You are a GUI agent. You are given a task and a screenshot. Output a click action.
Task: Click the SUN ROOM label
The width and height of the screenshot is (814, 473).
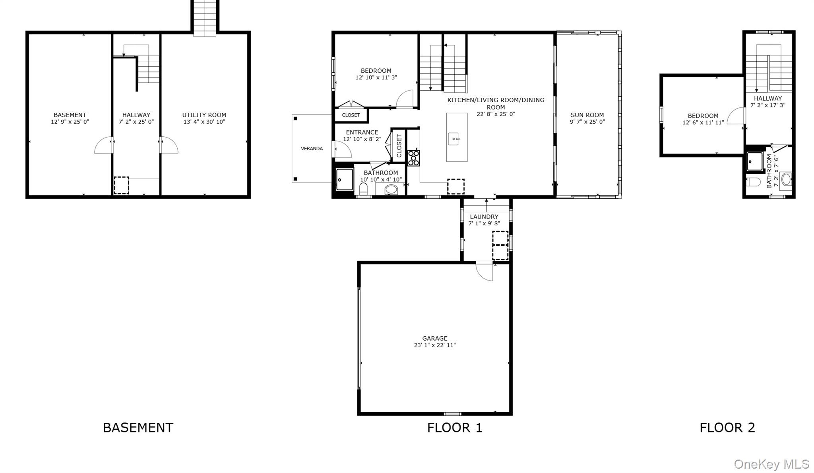(587, 115)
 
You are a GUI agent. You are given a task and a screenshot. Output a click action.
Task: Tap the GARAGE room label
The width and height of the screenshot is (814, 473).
(435, 338)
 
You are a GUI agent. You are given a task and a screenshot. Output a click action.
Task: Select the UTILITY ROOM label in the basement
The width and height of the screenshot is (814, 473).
(204, 115)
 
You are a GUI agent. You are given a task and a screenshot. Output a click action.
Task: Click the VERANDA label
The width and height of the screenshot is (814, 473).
(312, 149)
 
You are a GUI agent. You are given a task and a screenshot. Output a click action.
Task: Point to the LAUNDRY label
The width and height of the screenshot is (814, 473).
(484, 217)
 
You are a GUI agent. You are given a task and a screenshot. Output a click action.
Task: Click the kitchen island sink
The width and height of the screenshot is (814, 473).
(454, 139)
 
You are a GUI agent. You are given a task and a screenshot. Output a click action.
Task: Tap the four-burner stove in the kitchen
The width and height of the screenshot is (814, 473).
(413, 158)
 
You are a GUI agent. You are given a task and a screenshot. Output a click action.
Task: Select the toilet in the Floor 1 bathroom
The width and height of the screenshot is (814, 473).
(363, 189)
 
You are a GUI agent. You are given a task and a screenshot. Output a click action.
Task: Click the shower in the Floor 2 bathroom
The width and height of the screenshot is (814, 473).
(754, 161)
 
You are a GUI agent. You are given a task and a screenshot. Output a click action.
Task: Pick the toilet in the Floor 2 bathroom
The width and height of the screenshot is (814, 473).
(753, 182)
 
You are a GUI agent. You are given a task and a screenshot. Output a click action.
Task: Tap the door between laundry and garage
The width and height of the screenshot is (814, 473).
(485, 271)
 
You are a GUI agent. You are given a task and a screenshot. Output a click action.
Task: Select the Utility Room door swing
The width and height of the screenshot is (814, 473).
(169, 145)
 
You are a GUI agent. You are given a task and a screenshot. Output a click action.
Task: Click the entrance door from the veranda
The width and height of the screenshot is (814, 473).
(343, 149)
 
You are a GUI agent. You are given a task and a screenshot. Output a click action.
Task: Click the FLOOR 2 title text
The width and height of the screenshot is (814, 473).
(727, 428)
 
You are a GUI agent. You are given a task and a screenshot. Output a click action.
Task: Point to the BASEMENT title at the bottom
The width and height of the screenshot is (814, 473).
(138, 428)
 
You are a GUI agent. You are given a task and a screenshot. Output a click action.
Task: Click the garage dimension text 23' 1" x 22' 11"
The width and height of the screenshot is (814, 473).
(435, 345)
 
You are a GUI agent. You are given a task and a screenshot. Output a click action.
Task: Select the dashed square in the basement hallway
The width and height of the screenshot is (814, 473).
(122, 185)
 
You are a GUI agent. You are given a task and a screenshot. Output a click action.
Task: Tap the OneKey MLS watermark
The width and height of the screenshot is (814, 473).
(771, 464)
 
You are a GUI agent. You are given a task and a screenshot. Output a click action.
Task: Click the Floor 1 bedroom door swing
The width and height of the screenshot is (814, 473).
(405, 99)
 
